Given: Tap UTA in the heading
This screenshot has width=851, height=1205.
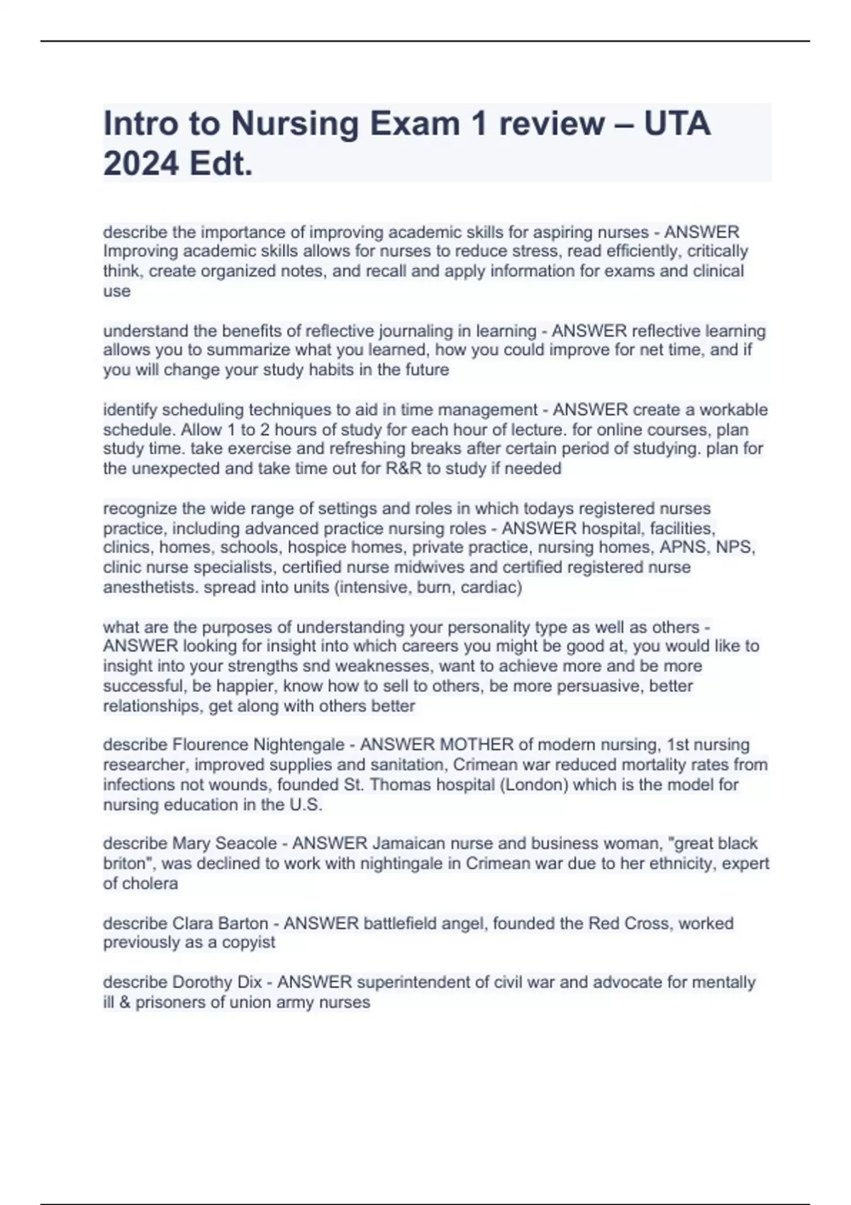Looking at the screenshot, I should click(677, 124).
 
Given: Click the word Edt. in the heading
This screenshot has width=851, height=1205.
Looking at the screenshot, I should click(221, 164).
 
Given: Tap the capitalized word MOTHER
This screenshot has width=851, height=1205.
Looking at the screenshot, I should click(477, 745).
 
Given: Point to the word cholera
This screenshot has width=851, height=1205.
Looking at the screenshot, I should click(150, 883).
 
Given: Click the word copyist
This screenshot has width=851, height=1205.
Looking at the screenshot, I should click(248, 943).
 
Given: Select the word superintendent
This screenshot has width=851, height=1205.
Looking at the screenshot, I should click(413, 982).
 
